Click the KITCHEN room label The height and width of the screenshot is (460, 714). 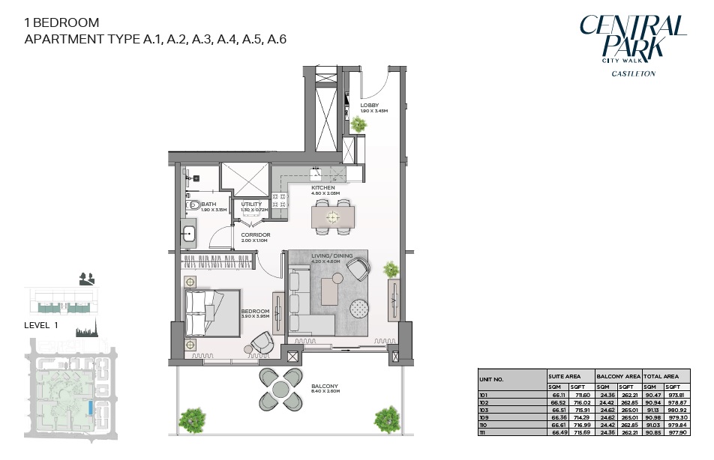(322, 187)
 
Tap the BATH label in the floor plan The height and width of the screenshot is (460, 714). (208, 204)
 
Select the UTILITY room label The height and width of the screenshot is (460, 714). (251, 204)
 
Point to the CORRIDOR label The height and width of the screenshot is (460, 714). (255, 234)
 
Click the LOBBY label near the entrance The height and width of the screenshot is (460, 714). (369, 106)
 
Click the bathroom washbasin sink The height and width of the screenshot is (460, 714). (187, 234)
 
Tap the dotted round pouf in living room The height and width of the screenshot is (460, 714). (360, 307)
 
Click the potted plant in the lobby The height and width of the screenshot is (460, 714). (359, 124)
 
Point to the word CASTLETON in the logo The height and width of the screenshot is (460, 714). (633, 73)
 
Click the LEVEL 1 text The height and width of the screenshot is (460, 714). (41, 325)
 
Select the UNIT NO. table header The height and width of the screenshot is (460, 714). (493, 379)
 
